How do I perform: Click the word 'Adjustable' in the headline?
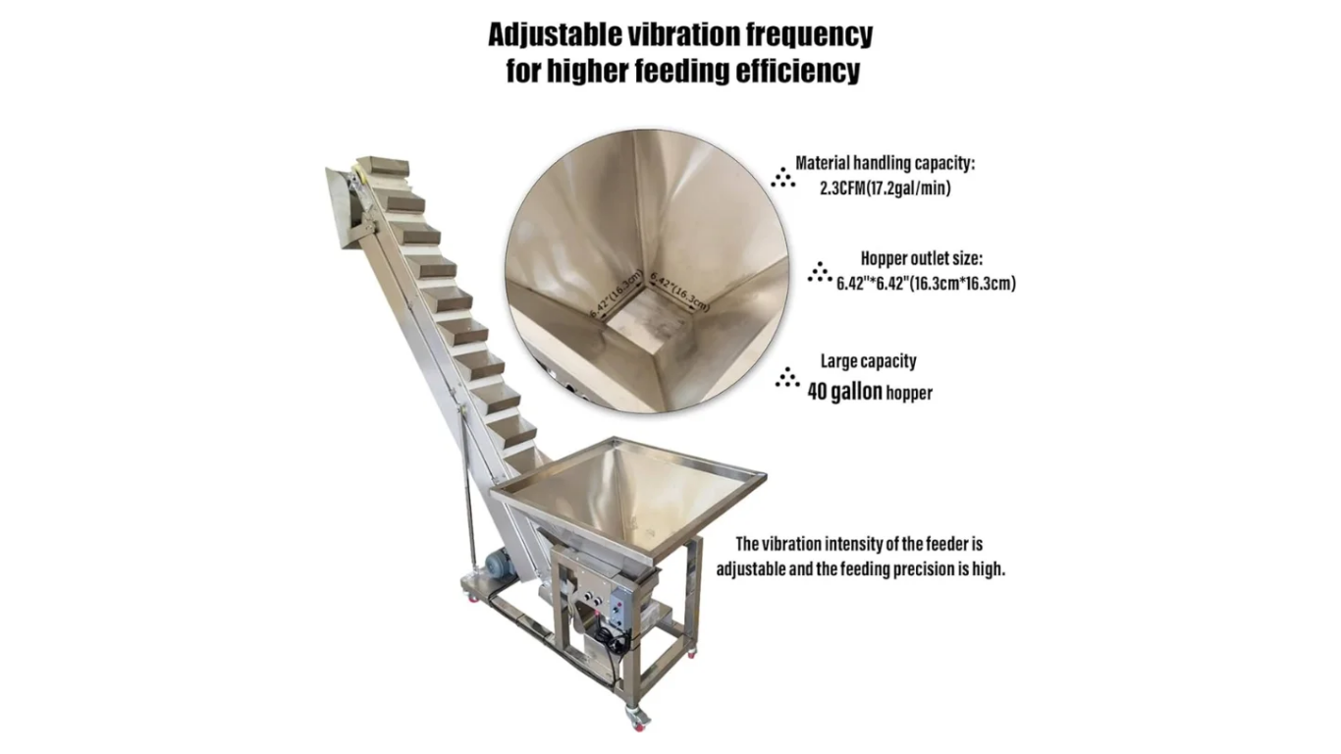(553, 35)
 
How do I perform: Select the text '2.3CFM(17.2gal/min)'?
(885, 189)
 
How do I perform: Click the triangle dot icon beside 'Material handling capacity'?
(783, 177)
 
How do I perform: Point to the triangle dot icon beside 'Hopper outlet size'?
(820, 272)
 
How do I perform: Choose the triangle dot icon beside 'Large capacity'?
(787, 377)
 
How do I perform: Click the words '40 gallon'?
(844, 393)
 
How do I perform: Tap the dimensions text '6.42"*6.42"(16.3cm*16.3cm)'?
(926, 283)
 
